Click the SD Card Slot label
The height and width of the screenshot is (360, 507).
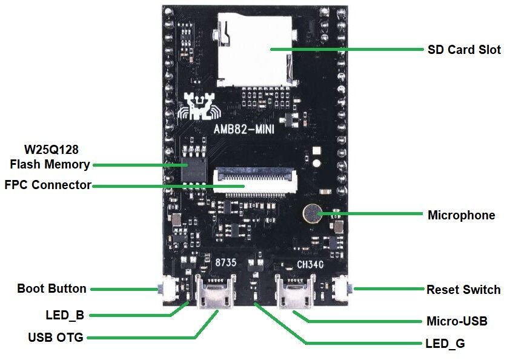pyautogui.click(x=464, y=50)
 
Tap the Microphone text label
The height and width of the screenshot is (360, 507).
pyautogui.click(x=461, y=215)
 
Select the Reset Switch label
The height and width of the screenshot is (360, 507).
pyautogui.click(x=463, y=290)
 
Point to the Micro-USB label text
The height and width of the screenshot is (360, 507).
pyautogui.click(x=457, y=321)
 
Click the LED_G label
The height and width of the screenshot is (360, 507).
pyautogui.click(x=445, y=344)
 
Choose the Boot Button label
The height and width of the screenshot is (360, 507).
pyautogui.click(x=51, y=288)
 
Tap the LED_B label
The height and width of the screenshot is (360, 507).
pyautogui.click(x=65, y=315)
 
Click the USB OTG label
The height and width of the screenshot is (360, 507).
pyautogui.click(x=56, y=338)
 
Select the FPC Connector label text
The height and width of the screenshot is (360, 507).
pyautogui.click(x=48, y=185)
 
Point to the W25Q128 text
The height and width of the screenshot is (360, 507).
pyautogui.click(x=51, y=150)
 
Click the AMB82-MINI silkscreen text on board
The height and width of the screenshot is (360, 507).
pyautogui.click(x=244, y=129)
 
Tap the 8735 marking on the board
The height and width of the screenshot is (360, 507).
pyautogui.click(x=226, y=262)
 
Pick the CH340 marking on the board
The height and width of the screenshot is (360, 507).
pyautogui.click(x=310, y=265)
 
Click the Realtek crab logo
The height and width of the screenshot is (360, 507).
pyautogui.click(x=199, y=106)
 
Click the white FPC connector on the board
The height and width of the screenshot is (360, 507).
pyautogui.click(x=255, y=180)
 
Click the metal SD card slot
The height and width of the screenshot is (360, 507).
pyautogui.click(x=256, y=50)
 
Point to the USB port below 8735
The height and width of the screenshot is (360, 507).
pyautogui.click(x=216, y=291)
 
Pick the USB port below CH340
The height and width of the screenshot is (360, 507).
pyautogui.click(x=295, y=291)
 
